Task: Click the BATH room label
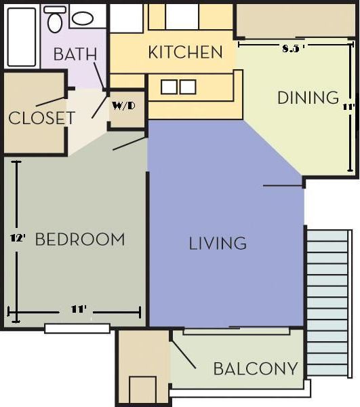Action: [75, 54]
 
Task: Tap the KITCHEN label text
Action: [185, 52]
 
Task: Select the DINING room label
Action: [308, 98]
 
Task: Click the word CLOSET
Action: [41, 119]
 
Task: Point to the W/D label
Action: [123, 106]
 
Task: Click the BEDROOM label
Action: [79, 239]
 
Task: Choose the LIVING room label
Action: [217, 243]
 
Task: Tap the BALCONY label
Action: [255, 369]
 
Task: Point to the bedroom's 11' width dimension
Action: [79, 309]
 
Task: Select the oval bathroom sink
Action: [83, 18]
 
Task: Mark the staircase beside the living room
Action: [328, 302]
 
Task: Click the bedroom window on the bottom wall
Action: [77, 328]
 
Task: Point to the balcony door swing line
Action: [182, 353]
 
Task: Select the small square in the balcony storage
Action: [142, 390]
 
